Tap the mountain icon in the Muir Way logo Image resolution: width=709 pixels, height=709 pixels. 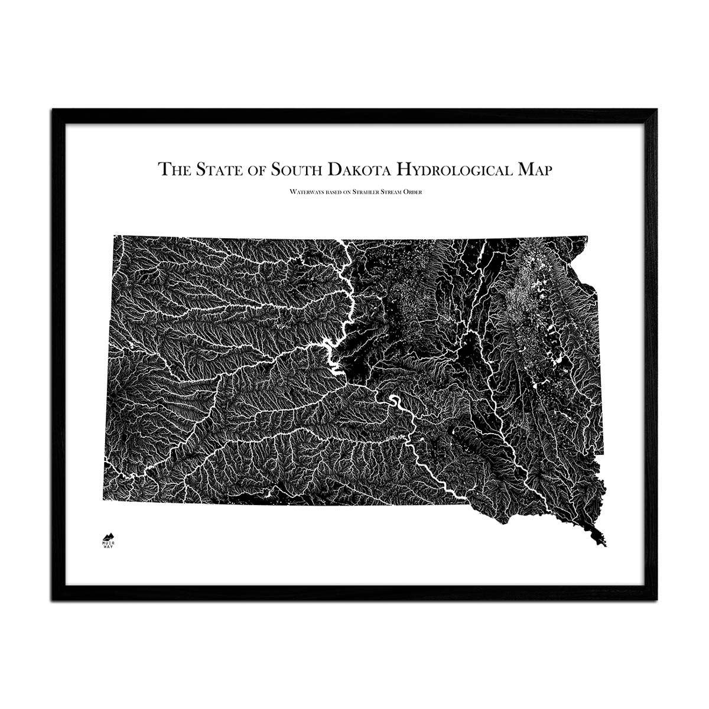[108, 535]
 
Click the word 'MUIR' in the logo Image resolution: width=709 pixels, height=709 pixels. [108, 542]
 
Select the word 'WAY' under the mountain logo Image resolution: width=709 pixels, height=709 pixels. [108, 547]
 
